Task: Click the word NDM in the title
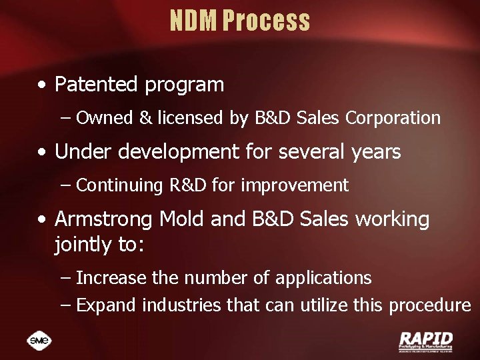point(193,21)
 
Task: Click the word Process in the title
point(266,21)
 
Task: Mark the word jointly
point(83,245)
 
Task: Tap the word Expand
point(107,305)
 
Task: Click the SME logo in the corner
point(39,340)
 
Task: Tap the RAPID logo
point(425,340)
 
